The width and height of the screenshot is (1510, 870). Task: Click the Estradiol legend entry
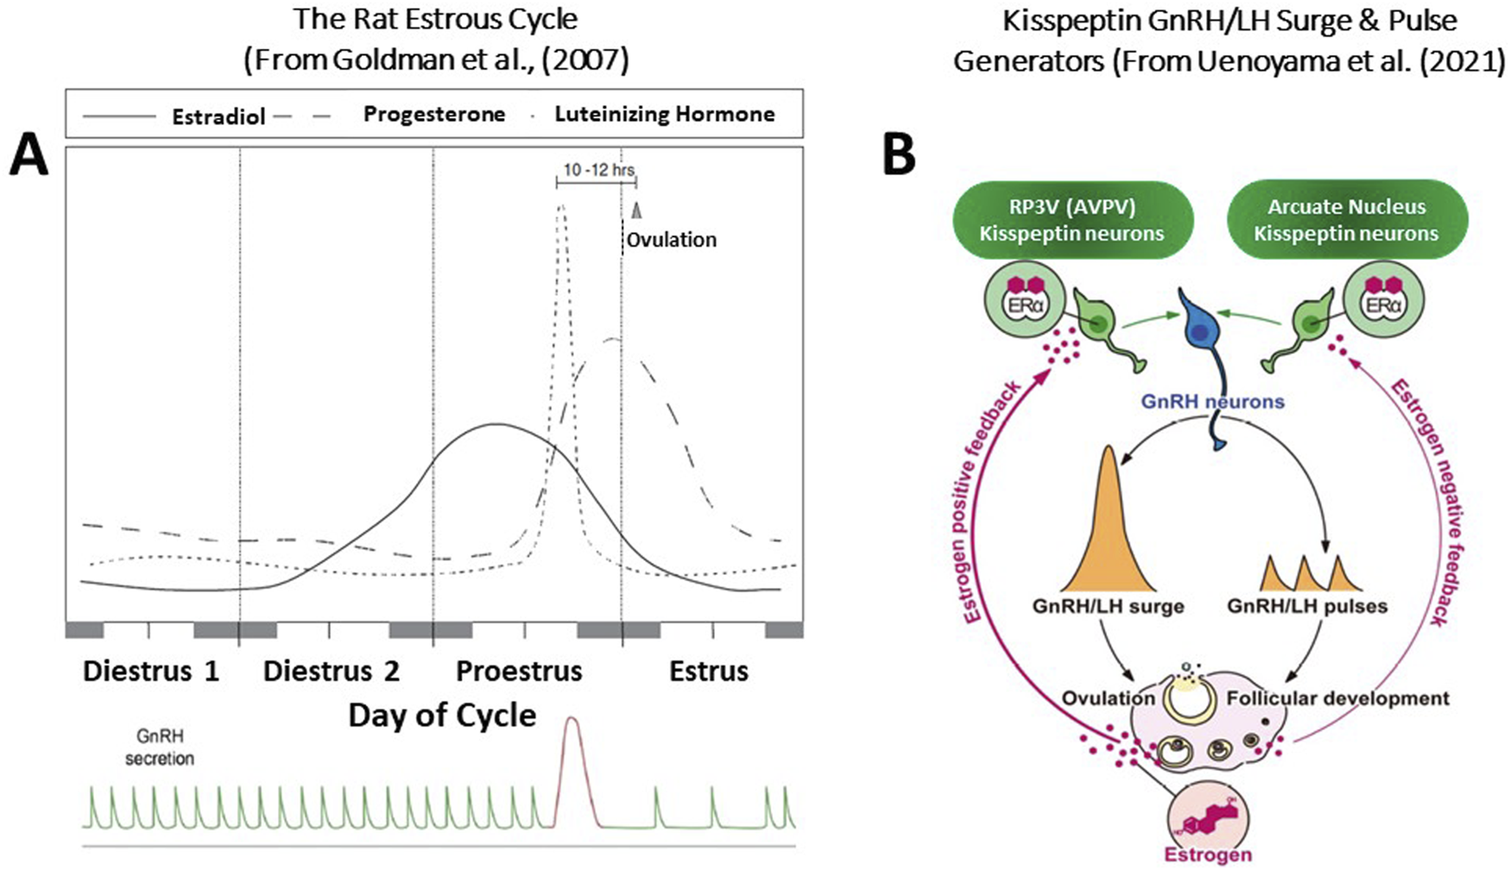218,116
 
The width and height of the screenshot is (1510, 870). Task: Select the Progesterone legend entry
433,114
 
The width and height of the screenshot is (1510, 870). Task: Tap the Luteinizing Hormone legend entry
664,114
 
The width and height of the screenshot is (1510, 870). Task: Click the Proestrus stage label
519,671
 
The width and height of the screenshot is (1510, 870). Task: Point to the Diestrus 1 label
150,671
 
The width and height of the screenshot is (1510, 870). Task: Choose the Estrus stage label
708,671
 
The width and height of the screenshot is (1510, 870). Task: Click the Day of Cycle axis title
442,716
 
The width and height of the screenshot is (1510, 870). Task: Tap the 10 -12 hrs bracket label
598,170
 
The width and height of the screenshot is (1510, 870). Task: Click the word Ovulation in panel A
671,240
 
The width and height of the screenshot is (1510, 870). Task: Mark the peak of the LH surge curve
561,207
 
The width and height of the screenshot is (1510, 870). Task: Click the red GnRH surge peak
571,721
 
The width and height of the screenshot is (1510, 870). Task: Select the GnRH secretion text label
160,747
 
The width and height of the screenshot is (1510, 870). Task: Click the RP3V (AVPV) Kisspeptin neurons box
1071,220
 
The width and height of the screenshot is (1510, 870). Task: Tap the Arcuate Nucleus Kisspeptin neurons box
1346,220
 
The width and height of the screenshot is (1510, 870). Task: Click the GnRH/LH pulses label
1307,606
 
